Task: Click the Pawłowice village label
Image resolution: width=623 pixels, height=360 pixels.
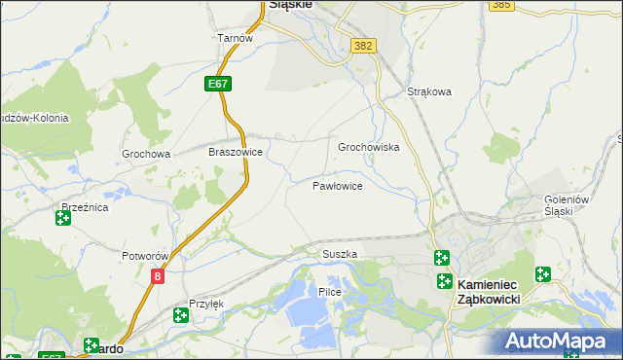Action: (x=338, y=185)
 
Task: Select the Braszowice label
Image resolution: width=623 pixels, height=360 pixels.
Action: (x=236, y=153)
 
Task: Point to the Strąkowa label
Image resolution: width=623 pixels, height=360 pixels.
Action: (x=429, y=92)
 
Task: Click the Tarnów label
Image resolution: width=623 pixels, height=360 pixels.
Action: (x=236, y=38)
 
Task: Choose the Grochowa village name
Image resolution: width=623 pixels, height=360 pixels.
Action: (x=146, y=154)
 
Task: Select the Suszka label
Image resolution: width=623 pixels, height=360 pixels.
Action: (x=340, y=254)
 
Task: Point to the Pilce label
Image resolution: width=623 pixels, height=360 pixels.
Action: (x=329, y=292)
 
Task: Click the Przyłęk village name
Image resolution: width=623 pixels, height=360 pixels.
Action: (x=206, y=304)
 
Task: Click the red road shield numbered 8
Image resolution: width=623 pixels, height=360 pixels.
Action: (x=158, y=276)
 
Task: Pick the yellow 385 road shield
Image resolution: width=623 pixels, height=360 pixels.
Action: (x=501, y=5)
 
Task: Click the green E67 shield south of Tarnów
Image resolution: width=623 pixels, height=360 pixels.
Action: (x=219, y=85)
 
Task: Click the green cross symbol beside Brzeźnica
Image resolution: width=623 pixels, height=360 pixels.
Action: (x=63, y=218)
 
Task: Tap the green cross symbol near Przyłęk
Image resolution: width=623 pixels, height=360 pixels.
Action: (x=180, y=314)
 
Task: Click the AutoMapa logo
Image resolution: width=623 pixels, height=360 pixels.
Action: (x=560, y=341)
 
